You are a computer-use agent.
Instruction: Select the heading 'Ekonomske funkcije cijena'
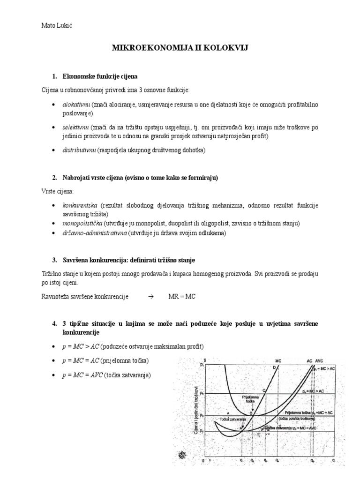pos(100,76)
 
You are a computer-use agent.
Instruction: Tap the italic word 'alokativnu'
pos(76,104)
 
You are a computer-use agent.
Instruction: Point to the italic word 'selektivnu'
pos(75,127)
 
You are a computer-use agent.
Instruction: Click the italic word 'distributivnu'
pos(79,150)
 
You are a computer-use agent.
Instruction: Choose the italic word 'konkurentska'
pos(80,206)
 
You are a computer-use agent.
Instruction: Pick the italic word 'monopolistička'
pos(82,223)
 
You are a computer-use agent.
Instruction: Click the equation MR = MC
pos(181,296)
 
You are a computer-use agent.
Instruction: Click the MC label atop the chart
pos(278,361)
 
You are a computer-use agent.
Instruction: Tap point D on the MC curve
pos(274,368)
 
